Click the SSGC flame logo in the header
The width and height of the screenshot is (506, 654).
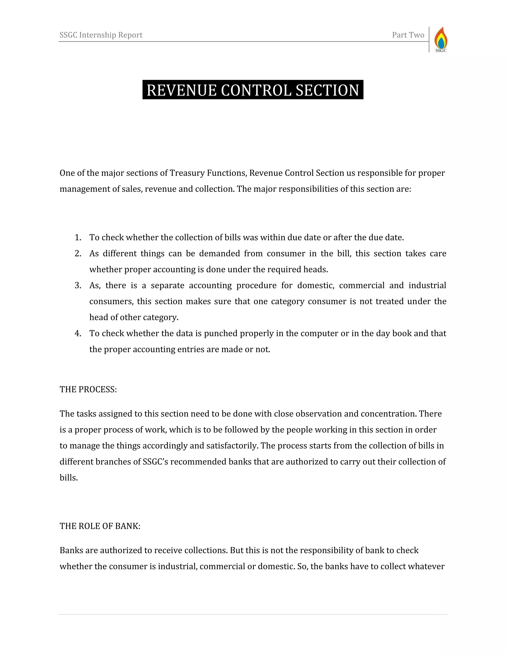[441, 39]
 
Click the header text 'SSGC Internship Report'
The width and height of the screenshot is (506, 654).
[101, 35]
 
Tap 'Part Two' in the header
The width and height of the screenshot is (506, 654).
[408, 35]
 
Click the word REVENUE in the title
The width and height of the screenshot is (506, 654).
[181, 90]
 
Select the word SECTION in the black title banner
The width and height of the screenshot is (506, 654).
[327, 90]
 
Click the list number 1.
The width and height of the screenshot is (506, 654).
[78, 237]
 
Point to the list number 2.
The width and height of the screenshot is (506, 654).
[78, 254]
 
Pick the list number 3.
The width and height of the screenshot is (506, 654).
[78, 285]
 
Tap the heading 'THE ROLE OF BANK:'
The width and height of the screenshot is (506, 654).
[100, 526]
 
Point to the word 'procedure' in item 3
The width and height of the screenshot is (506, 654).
[256, 285]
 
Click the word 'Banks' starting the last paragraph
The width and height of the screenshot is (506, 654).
[71, 550]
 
